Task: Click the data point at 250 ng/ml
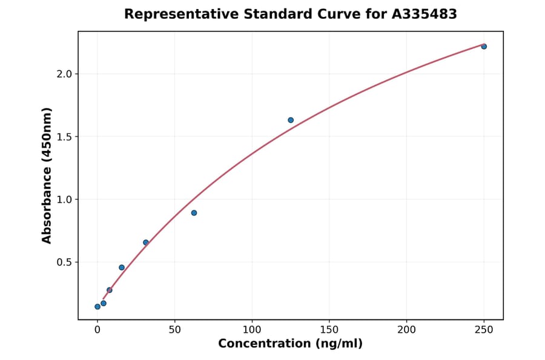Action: tap(484, 47)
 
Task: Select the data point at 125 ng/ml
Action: tap(291, 120)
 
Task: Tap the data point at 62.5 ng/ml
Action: tap(194, 213)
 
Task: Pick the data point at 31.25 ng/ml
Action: tap(146, 242)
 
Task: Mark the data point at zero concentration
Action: tap(97, 307)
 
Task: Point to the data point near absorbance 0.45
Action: tap(122, 267)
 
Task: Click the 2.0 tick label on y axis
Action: tap(64, 74)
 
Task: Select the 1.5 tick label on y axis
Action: tap(64, 137)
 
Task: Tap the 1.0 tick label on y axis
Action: tap(64, 199)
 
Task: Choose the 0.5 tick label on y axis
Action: tap(64, 262)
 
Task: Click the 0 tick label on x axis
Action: tap(97, 330)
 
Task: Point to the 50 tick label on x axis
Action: tap(175, 330)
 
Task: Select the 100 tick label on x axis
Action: tap(252, 330)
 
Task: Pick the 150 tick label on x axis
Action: tap(329, 330)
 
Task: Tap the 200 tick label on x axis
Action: tap(406, 330)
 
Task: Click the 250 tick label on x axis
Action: tap(484, 330)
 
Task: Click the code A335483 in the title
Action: tap(423, 14)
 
